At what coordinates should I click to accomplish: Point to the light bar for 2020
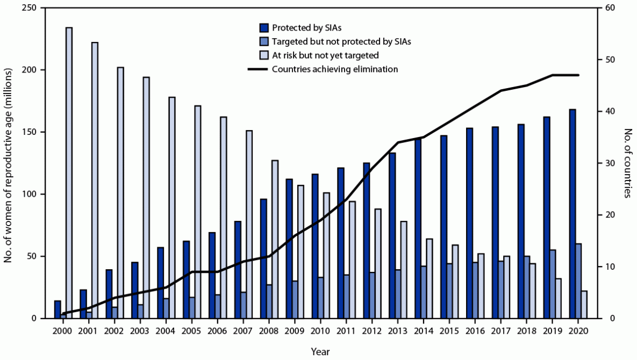[584, 304]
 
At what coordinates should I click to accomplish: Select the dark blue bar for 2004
[160, 283]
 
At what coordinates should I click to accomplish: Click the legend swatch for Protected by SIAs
[263, 27]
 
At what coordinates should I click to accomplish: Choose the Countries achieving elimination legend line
[257, 69]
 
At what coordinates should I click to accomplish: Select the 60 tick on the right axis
[610, 8]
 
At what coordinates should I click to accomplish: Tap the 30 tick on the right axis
[610, 163]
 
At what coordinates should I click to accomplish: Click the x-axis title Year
[320, 352]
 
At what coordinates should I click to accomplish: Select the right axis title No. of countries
[627, 163]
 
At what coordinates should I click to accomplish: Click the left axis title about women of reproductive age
[8, 163]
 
